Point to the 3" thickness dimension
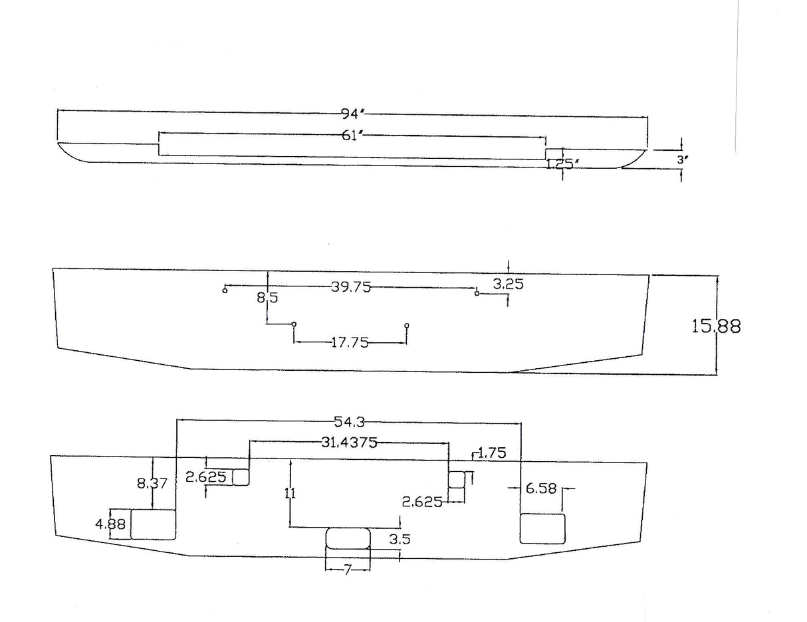[x=683, y=159]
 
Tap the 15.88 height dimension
[x=716, y=326]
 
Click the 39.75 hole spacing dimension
[x=350, y=287]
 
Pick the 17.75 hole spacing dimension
[x=350, y=343]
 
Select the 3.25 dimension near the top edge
[x=509, y=284]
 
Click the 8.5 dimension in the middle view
[x=267, y=298]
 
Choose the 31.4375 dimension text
[x=349, y=443]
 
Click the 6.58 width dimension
[x=541, y=489]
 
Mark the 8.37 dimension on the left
[x=152, y=484]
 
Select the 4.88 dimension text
[x=110, y=524]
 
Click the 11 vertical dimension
[x=290, y=493]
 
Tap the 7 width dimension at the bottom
[x=348, y=570]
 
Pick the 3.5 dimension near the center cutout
[x=400, y=539]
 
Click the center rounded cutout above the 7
[x=348, y=538]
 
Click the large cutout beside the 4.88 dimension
[x=153, y=524]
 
